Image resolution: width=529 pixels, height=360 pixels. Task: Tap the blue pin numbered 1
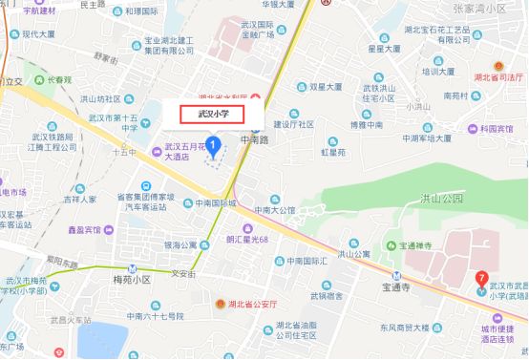(214, 145)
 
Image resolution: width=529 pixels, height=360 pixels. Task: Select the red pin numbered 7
(481, 279)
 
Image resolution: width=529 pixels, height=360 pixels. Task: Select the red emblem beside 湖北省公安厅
(221, 302)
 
